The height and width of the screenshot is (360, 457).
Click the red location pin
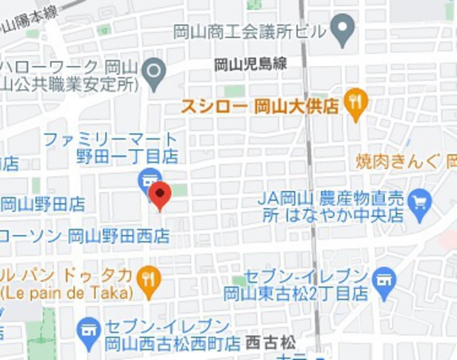pyautogui.click(x=160, y=195)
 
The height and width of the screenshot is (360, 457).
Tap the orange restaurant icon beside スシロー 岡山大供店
pyautogui.click(x=355, y=103)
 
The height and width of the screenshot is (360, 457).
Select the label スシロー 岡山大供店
pyautogui.click(x=260, y=106)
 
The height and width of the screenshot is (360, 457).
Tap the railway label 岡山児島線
pyautogui.click(x=251, y=64)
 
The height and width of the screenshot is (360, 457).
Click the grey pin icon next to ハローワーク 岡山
pyautogui.click(x=153, y=73)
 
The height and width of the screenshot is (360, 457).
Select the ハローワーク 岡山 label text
pyautogui.click(x=69, y=66)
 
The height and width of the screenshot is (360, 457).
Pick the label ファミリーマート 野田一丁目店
pyautogui.click(x=110, y=147)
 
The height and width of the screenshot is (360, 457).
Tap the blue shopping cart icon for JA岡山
pyautogui.click(x=419, y=200)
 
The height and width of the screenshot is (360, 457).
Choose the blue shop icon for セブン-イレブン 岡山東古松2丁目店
pyautogui.click(x=384, y=282)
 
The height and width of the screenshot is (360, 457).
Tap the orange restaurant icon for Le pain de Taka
pyautogui.click(x=149, y=280)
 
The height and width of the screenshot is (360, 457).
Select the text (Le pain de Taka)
pyautogui.click(x=67, y=292)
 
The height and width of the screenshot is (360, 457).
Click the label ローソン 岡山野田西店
pyautogui.click(x=85, y=236)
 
